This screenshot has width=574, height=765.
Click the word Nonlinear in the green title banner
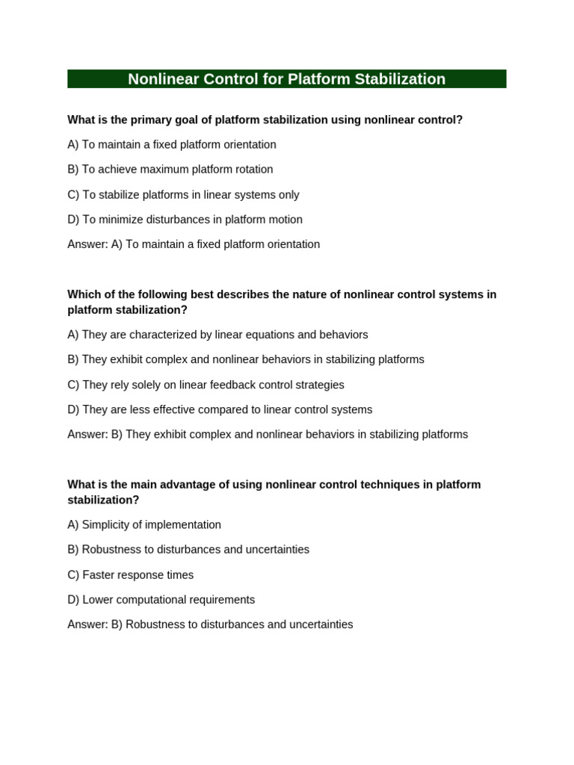tap(162, 79)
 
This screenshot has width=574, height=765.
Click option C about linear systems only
tap(183, 195)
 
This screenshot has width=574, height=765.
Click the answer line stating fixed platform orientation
tap(194, 244)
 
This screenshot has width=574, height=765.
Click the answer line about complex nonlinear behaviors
tap(268, 434)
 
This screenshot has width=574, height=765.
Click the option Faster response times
tap(130, 575)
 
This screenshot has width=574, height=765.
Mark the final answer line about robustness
tap(210, 625)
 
